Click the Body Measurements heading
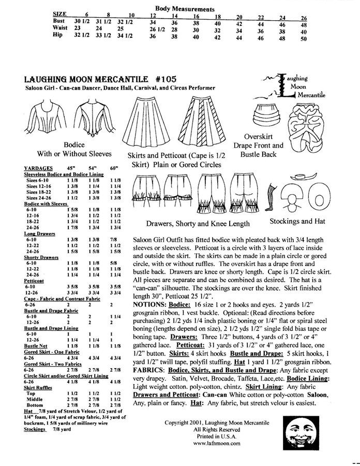[x=185, y=9]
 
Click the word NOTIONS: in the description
[x=149, y=304]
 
